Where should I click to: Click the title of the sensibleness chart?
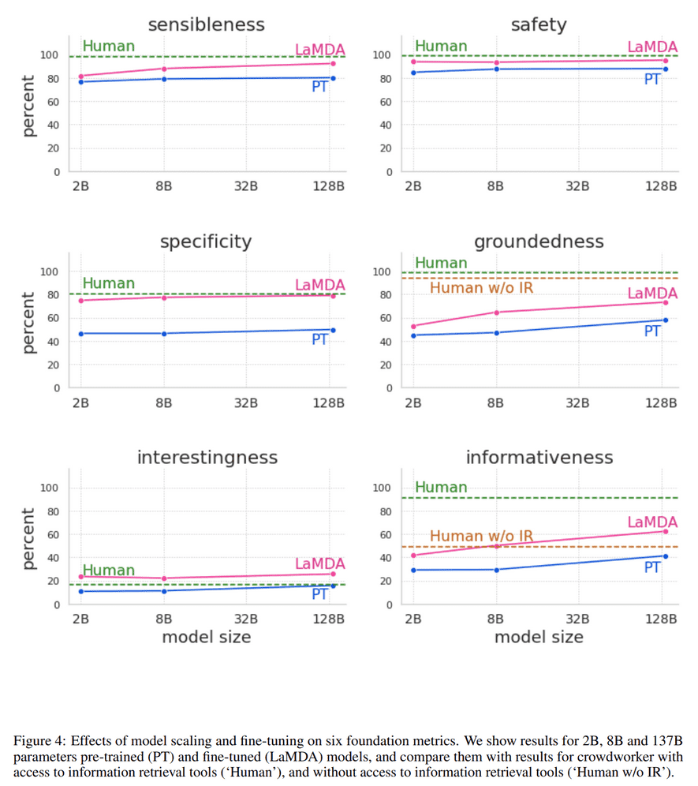coord(206,24)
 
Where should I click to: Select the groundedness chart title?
coord(539,241)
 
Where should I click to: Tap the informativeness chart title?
coord(539,457)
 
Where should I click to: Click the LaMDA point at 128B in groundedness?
coord(666,302)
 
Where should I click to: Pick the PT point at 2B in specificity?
coord(80,334)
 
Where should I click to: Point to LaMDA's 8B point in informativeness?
coord(496,545)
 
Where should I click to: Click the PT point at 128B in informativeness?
coord(666,556)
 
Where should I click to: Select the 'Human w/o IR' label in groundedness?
coord(481,288)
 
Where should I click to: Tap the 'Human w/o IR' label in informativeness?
coord(481,537)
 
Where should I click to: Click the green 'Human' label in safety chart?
coord(441,46)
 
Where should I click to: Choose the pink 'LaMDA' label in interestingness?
coord(320,563)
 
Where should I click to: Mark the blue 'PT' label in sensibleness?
coord(319,87)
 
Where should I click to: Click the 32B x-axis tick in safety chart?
coord(578,186)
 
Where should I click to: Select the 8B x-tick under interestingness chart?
coord(163,619)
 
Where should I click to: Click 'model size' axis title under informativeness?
coord(539,637)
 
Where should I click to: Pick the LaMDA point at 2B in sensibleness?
coord(80,76)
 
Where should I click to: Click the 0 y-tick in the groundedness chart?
coord(389,388)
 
